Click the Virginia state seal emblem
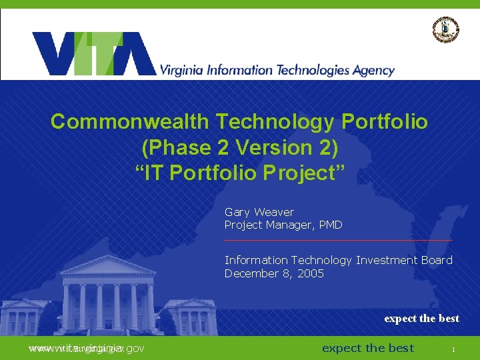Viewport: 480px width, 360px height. [446, 29]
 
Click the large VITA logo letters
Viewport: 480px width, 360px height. [93, 54]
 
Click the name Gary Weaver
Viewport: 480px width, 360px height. [259, 212]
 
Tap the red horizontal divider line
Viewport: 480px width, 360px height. [338, 239]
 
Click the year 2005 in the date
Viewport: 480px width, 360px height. [310, 273]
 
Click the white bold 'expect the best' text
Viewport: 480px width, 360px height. [421, 319]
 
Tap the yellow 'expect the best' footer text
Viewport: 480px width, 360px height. [367, 348]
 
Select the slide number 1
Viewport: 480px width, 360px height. [453, 349]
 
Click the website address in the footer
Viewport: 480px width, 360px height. [87, 348]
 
